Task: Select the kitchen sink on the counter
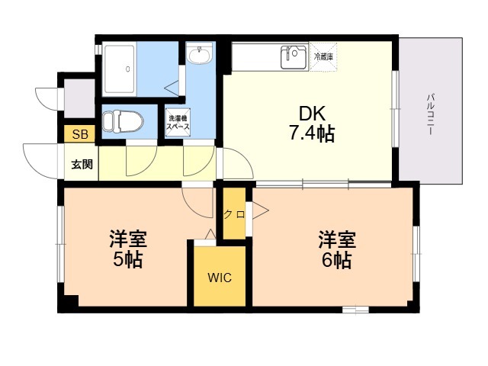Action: click(293, 55)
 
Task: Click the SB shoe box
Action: click(79, 135)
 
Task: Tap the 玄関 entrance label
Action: click(82, 163)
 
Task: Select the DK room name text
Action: click(312, 114)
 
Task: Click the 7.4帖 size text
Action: click(311, 134)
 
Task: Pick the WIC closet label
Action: click(220, 278)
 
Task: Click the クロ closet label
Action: click(234, 214)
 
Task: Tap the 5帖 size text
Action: click(127, 259)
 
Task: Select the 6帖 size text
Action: click(335, 260)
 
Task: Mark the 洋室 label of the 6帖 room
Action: click(336, 239)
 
